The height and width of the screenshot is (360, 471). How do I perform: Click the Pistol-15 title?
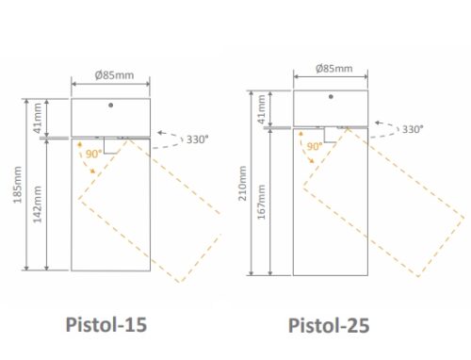[106, 324]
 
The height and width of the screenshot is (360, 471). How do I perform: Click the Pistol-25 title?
[329, 325]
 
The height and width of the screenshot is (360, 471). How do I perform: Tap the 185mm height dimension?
[18, 185]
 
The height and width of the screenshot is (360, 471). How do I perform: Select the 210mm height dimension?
[242, 184]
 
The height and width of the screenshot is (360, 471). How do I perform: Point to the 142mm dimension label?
[37, 205]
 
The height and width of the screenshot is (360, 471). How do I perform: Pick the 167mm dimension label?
[261, 202]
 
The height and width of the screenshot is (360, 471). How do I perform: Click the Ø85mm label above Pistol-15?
[114, 75]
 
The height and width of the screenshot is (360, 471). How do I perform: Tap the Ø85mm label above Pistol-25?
[334, 68]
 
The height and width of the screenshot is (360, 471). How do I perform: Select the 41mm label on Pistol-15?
[37, 118]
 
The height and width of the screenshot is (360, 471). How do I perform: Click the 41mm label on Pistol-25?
[261, 109]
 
